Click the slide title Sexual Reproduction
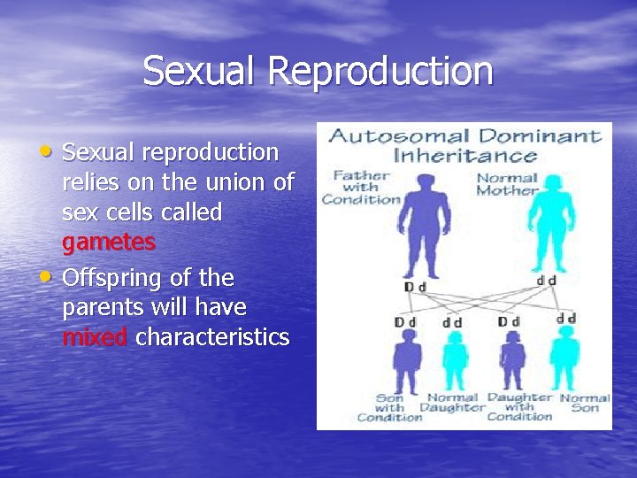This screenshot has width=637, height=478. coord(318,72)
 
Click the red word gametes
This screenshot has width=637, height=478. coord(109,243)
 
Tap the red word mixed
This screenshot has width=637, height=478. coord(96,337)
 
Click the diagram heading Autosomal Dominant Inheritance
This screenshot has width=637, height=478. coord(464,146)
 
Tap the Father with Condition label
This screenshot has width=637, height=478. coord(361,187)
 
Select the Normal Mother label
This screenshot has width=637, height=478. coord(507,184)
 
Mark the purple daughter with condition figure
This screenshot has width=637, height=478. coord(513,358)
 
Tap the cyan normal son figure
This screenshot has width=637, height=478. coord(564,358)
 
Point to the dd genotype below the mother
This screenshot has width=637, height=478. coord(546,281)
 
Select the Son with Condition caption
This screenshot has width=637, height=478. coord(389,408)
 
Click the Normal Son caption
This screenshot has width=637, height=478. coord(585,403)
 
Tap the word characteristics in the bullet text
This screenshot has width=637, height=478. coord(212,337)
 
